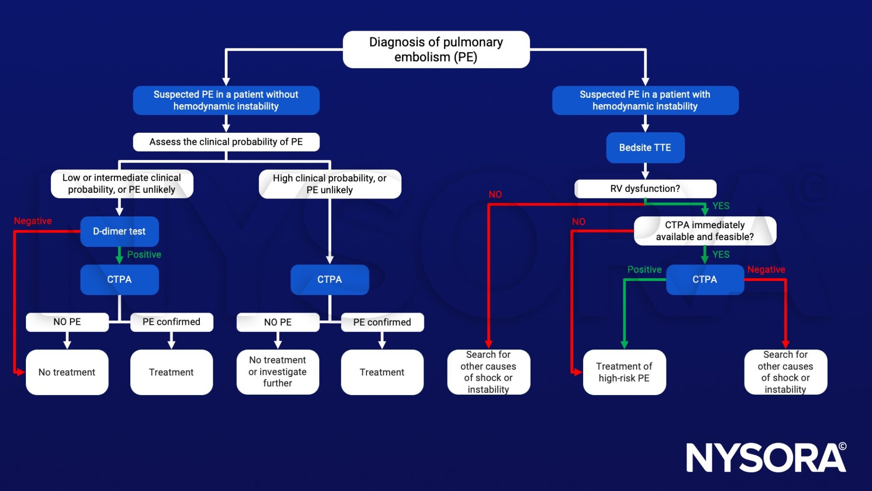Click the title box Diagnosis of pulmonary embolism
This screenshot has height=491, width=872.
[x=436, y=49]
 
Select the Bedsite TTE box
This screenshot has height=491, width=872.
[x=645, y=148]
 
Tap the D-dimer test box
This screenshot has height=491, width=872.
[x=119, y=231]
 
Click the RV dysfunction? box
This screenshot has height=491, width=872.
[x=645, y=188]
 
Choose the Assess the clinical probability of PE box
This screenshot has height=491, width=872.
[x=226, y=142]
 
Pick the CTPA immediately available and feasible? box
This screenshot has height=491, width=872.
[x=704, y=231]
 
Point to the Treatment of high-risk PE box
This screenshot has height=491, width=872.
[x=624, y=372]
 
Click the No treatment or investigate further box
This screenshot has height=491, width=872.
[x=277, y=372]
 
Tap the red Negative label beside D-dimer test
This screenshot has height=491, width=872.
[x=33, y=221]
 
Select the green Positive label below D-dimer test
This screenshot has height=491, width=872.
[x=144, y=255]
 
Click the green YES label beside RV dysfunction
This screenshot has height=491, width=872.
[x=721, y=206]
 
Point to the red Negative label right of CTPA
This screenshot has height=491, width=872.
[x=766, y=269]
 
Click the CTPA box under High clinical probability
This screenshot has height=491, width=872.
[x=330, y=280]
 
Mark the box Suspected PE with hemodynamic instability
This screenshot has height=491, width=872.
[x=645, y=100]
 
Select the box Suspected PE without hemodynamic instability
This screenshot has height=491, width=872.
[x=226, y=100]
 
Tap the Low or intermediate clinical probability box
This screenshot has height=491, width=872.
[x=122, y=184]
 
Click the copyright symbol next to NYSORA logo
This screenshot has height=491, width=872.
[x=843, y=446]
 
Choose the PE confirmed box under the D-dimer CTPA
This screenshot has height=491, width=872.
[x=172, y=322]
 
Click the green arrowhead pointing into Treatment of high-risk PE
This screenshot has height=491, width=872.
[x=624, y=344]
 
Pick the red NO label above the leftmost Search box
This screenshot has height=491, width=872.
[x=495, y=194]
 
